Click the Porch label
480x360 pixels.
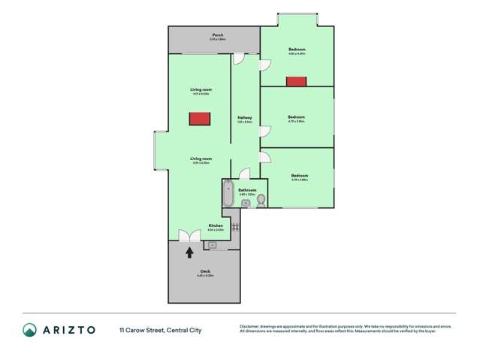[218, 35]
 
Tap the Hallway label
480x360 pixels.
[245, 118]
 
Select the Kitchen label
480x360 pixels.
[216, 225]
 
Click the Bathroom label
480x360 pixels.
[248, 190]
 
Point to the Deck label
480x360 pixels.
[205, 271]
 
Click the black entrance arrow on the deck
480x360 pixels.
[189, 253]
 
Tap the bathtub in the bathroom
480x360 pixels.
[228, 195]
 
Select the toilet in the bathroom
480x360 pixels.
[261, 201]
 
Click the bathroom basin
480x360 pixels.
[245, 203]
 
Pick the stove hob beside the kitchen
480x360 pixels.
[235, 225]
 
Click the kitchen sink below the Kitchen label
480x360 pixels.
[213, 245]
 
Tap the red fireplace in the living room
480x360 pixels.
[199, 119]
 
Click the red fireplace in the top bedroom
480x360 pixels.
[297, 81]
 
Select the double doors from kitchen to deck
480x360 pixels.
[189, 235]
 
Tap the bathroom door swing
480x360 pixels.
[234, 172]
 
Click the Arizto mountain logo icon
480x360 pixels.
[29, 330]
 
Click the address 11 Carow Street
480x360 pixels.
[142, 330]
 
